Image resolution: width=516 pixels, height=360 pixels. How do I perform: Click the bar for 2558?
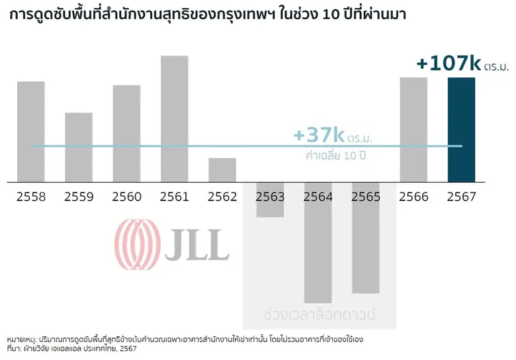(x=30, y=131)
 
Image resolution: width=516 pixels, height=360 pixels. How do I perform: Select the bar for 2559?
(x=79, y=147)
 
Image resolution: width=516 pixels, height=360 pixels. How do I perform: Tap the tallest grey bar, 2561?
(x=175, y=118)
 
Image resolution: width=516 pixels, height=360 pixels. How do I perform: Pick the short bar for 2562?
(x=222, y=170)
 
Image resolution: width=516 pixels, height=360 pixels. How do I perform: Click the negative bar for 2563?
(x=270, y=199)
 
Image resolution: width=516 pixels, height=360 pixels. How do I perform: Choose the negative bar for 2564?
(x=318, y=242)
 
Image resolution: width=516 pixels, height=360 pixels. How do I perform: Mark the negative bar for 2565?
(x=366, y=238)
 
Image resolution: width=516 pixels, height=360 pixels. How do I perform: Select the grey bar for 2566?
(x=413, y=129)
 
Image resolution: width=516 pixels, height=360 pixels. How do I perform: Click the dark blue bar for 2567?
(x=461, y=129)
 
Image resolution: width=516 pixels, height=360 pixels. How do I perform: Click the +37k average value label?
(x=319, y=136)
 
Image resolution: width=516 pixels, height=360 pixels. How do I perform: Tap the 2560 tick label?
(x=126, y=197)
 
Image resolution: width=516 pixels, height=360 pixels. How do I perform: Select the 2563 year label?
(x=270, y=197)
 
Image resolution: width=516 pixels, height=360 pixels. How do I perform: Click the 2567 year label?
(x=461, y=197)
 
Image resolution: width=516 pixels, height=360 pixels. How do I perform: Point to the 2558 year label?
(x=30, y=197)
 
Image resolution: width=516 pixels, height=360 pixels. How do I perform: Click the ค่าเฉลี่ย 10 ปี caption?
(x=336, y=157)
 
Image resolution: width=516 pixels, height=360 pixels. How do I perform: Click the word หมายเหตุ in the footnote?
(x=24, y=338)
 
